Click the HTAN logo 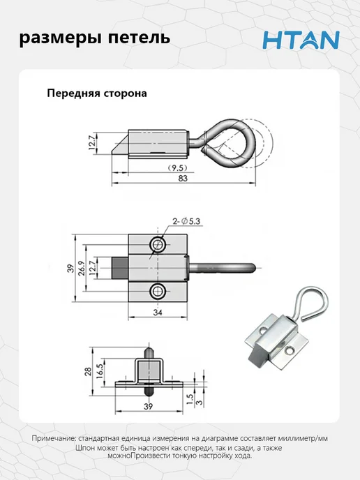[x=301, y=40]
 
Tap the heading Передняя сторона [x=97, y=93]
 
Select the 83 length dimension [x=183, y=178]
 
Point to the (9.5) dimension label [x=177, y=167]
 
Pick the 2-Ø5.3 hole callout [x=186, y=221]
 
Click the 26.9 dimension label [x=82, y=268]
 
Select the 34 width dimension [x=158, y=313]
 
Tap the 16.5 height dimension [x=100, y=371]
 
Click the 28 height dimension [x=88, y=371]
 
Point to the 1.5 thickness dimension [x=190, y=400]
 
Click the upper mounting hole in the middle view [x=158, y=244]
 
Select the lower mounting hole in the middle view [x=158, y=291]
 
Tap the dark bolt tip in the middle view [x=121, y=268]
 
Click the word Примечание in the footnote [x=52, y=438]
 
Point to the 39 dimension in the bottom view [x=148, y=407]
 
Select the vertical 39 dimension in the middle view [x=70, y=268]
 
